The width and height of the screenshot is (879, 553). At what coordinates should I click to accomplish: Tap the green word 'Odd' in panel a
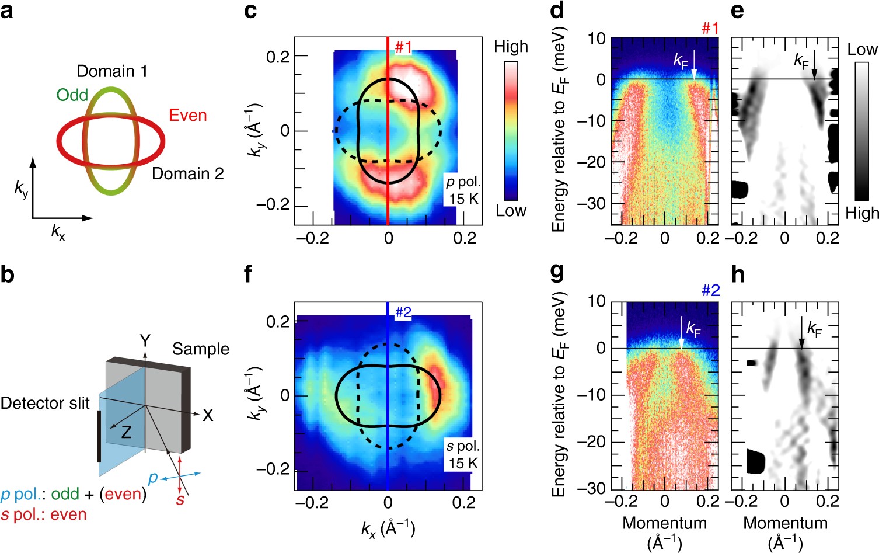[x=72, y=95]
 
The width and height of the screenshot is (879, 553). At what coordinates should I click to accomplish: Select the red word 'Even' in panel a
[x=188, y=115]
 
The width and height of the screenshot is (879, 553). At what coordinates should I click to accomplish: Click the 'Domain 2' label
[x=187, y=173]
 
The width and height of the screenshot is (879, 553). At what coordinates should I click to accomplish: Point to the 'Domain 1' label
[x=112, y=71]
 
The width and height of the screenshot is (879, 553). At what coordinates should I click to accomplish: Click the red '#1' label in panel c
[x=403, y=47]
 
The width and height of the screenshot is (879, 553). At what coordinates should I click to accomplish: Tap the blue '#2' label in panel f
[x=403, y=312]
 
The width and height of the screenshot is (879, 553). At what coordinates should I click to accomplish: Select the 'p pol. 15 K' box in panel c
[x=463, y=190]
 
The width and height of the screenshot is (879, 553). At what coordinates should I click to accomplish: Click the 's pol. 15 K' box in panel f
[x=463, y=455]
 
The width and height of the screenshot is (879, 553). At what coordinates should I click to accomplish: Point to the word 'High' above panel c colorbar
[x=511, y=47]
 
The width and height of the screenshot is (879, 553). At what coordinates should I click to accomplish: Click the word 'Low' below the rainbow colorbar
[x=511, y=211]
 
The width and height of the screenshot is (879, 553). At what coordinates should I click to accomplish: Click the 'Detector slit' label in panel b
[x=45, y=403]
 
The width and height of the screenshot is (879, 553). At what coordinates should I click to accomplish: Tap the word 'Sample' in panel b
[x=200, y=349]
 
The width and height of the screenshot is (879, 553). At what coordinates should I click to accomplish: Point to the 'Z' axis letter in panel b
[x=126, y=432]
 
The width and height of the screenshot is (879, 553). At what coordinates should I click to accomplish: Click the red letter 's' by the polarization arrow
[x=180, y=499]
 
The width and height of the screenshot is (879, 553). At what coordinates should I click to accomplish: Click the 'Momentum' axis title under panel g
[x=664, y=523]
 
